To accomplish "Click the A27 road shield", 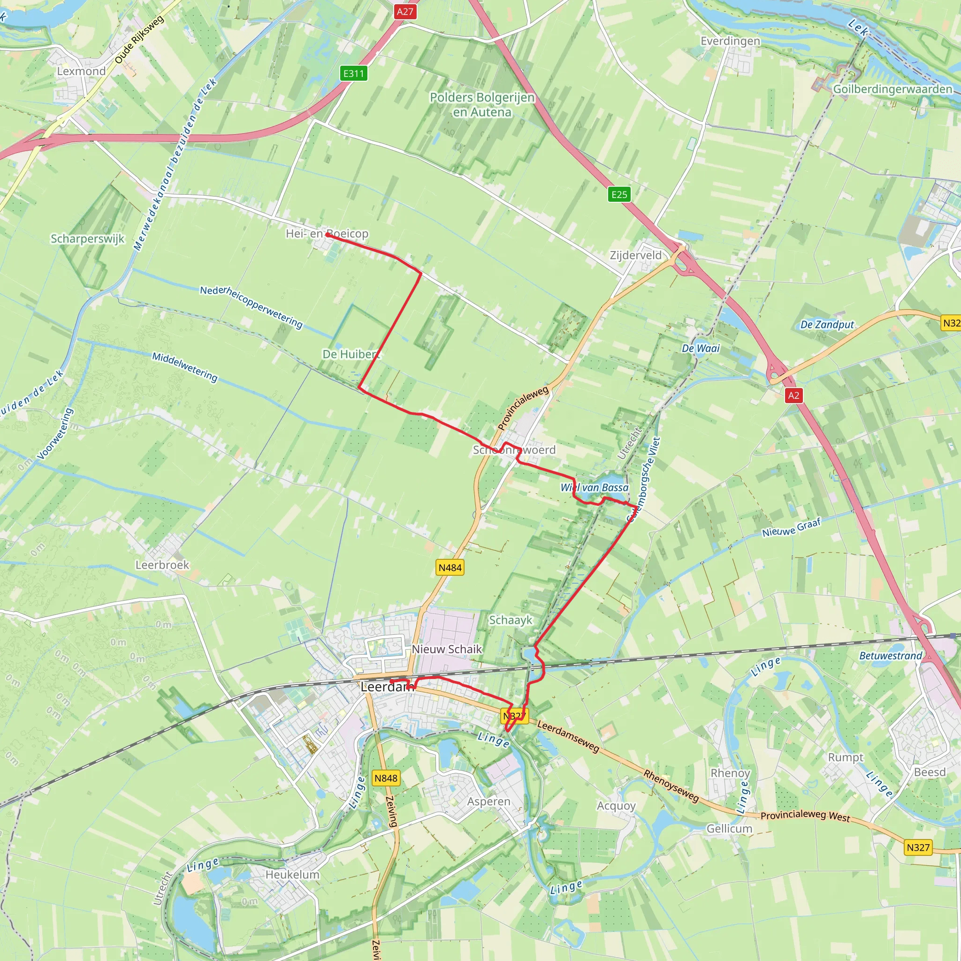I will click(404, 11).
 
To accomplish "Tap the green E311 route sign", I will click(354, 74).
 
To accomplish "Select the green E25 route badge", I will click(619, 194).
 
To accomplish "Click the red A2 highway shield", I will click(793, 396).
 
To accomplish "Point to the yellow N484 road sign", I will click(450, 568).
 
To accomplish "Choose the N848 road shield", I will click(386, 778).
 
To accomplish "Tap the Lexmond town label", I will click(81, 71).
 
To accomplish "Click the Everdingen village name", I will click(730, 41).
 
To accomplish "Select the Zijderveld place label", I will click(636, 255).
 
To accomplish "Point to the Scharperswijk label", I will click(88, 239).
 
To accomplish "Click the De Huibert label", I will click(351, 354).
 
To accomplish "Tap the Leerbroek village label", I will click(162, 564).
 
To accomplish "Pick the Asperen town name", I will click(488, 801).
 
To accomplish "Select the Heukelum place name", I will click(292, 875).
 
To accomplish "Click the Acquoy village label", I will click(616, 806).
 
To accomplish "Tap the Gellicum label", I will click(729, 829).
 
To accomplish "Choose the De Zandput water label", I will click(827, 325).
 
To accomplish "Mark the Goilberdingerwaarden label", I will click(892, 89).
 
